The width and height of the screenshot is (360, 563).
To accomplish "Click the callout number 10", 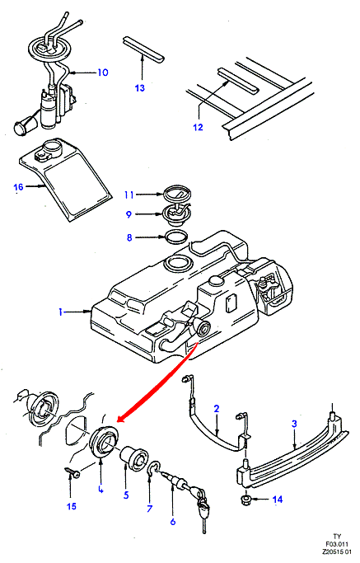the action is (x=103, y=73).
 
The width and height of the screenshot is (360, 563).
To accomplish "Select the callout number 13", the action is (x=139, y=87).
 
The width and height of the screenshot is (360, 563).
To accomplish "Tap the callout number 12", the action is (x=199, y=127).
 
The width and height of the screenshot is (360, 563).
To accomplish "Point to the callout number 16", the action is (x=18, y=187).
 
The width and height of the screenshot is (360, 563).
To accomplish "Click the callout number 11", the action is (x=129, y=195).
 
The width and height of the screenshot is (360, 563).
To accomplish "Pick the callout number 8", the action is (x=129, y=237).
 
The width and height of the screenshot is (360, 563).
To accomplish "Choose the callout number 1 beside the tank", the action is (x=61, y=312).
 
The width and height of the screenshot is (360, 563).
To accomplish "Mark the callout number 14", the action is (x=278, y=499).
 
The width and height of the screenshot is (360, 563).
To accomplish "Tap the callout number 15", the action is (x=72, y=506).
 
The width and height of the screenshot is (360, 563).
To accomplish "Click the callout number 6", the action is (x=173, y=521).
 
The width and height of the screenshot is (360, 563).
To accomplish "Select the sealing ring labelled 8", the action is (x=176, y=237).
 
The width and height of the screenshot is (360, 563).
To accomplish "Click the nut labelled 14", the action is (x=245, y=499).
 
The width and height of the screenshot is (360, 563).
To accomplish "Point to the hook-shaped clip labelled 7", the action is (x=153, y=467).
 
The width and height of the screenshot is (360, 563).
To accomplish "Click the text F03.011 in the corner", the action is (x=337, y=544).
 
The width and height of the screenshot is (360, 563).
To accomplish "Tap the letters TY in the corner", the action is (x=337, y=537).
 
